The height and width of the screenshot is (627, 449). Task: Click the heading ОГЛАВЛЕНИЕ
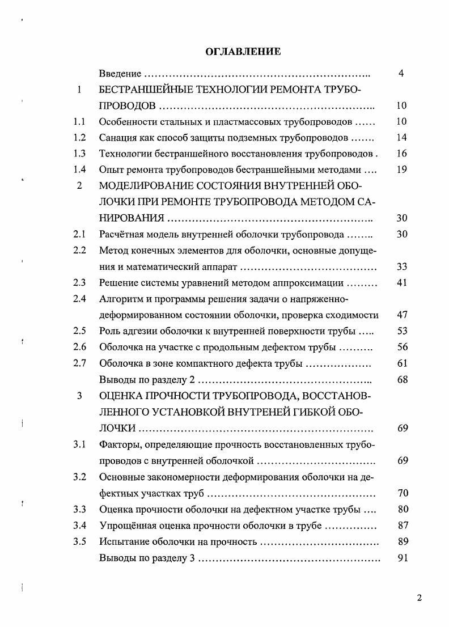[x=243, y=52]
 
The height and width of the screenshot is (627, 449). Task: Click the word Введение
[x=120, y=74]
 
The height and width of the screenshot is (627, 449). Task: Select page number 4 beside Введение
[x=401, y=74]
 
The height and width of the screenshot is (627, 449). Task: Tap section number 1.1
[x=79, y=121]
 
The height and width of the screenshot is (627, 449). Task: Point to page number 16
[x=402, y=153]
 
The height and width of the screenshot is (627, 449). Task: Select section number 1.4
[x=79, y=169]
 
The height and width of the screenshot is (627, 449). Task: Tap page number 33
[x=403, y=266]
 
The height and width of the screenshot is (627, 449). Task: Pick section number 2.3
[x=79, y=282]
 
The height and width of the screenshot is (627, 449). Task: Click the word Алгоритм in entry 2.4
[x=119, y=299]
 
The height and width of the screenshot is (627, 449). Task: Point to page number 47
[x=403, y=315]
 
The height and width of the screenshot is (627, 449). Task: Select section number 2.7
[x=79, y=363]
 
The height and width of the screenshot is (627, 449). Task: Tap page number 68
[x=403, y=379]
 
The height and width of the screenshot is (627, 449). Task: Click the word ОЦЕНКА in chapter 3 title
[x=120, y=396]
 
